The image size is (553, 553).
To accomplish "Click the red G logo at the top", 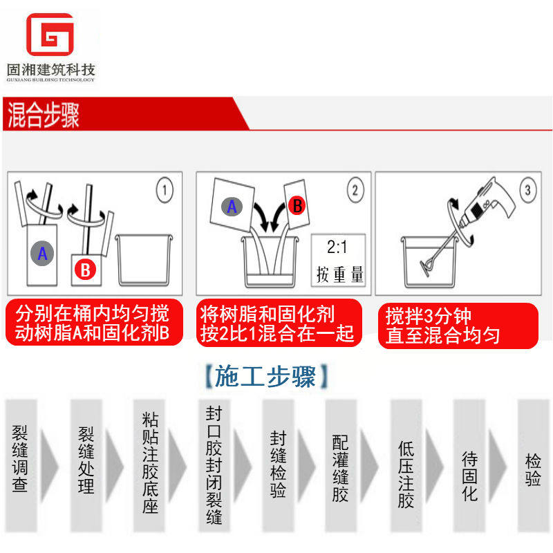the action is pyautogui.click(x=50, y=34).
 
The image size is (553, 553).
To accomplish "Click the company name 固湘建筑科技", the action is pyautogui.click(x=50, y=70).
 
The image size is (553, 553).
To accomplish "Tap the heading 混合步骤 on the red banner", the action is pyautogui.click(x=43, y=115).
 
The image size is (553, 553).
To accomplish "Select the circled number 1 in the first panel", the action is pyautogui.click(x=165, y=190).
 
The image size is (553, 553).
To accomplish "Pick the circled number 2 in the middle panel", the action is pyautogui.click(x=355, y=189).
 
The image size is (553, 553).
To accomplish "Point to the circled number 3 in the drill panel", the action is pyautogui.click(x=528, y=189).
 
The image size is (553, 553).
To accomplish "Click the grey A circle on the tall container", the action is pyautogui.click(x=42, y=253).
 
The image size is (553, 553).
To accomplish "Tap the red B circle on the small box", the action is pyautogui.click(x=86, y=270).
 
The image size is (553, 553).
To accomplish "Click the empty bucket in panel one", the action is pyautogui.click(x=144, y=259).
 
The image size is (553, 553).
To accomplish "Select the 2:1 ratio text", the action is pyautogui.click(x=337, y=247).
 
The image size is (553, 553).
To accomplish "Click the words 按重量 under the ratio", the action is pyautogui.click(x=339, y=274).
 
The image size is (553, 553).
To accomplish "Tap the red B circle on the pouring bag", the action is pyautogui.click(x=297, y=205).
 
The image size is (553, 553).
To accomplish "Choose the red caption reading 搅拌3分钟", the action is pyautogui.click(x=428, y=316).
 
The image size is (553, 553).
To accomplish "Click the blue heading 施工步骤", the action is pyautogui.click(x=265, y=377).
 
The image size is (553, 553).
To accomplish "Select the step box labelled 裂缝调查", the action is pyautogui.click(x=21, y=465).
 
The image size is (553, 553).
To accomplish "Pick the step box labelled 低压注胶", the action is pyautogui.click(x=406, y=465).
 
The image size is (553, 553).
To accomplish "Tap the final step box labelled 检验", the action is pyautogui.click(x=533, y=465).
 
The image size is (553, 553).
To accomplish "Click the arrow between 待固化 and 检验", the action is pyautogui.click(x=496, y=465).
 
